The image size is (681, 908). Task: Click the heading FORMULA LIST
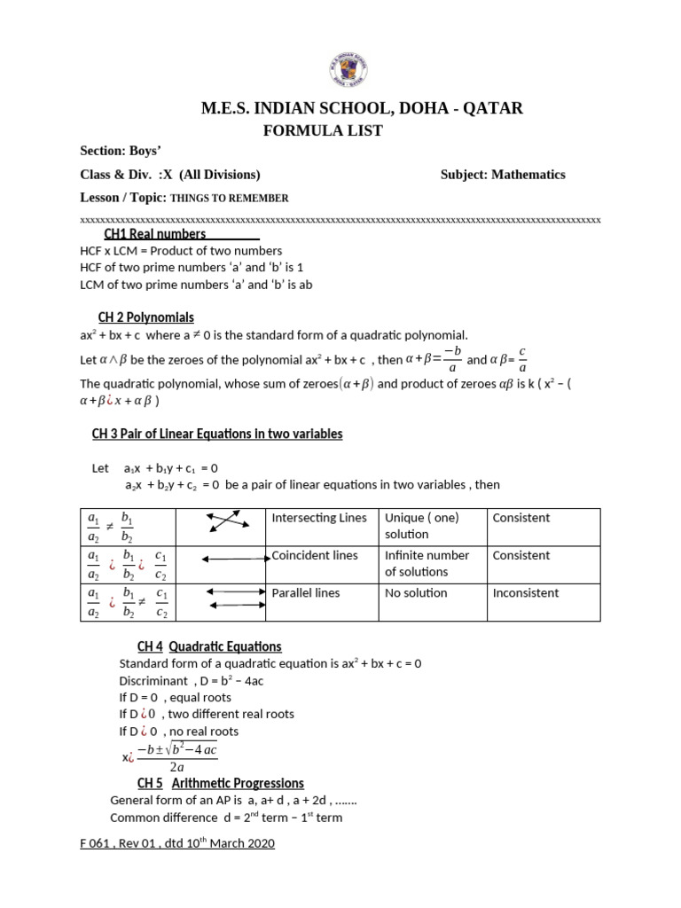pyautogui.click(x=323, y=130)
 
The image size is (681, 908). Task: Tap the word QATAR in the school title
pyautogui.click(x=494, y=108)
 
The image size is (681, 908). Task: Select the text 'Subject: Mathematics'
pyautogui.click(x=503, y=175)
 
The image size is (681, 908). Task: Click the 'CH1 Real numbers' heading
pyautogui.click(x=155, y=234)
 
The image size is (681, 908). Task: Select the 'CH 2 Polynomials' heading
pyautogui.click(x=145, y=317)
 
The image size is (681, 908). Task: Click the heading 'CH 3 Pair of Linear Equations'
pyautogui.click(x=217, y=434)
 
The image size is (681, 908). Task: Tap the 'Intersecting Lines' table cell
pyautogui.click(x=319, y=518)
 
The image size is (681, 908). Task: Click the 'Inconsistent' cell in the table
pyautogui.click(x=526, y=592)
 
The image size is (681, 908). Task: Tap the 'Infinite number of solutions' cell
pyautogui.click(x=427, y=563)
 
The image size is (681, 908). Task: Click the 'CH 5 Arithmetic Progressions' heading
pyautogui.click(x=221, y=783)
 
